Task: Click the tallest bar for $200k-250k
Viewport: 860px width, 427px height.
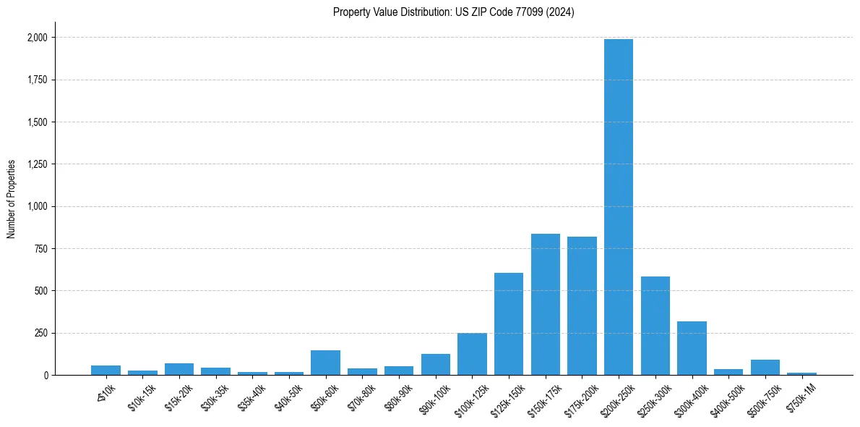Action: (619, 207)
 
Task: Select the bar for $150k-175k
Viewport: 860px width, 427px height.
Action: (546, 304)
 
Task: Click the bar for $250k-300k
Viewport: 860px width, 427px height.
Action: (655, 326)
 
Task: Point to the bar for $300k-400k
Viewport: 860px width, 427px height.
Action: (692, 348)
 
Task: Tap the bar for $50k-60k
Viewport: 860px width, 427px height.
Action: (325, 363)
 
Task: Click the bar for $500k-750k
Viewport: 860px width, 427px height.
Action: (765, 367)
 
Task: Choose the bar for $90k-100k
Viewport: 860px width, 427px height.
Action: (436, 364)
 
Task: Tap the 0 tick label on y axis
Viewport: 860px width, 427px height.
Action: (46, 376)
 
